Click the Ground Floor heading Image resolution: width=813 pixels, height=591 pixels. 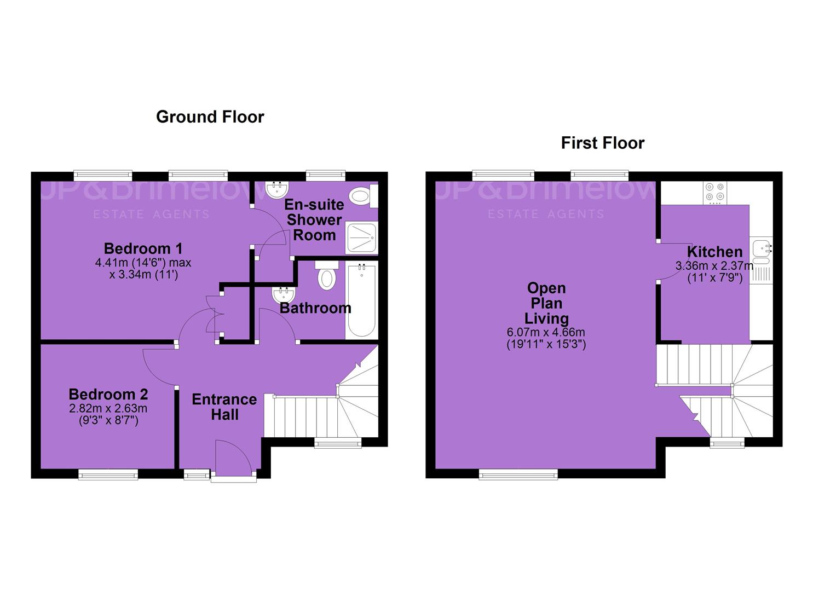pyautogui.click(x=210, y=117)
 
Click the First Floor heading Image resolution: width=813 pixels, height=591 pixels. pyautogui.click(x=603, y=143)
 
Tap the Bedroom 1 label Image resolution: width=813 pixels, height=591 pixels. pyautogui.click(x=143, y=249)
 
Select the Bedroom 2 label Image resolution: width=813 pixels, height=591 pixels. pyautogui.click(x=108, y=395)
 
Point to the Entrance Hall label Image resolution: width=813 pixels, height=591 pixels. pyautogui.click(x=224, y=407)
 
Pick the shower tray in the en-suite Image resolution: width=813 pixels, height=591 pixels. pyautogui.click(x=362, y=237)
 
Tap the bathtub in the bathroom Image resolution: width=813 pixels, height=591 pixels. pyautogui.click(x=361, y=301)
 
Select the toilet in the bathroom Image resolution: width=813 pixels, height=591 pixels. pyautogui.click(x=327, y=275)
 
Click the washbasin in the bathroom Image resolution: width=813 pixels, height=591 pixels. pyautogui.click(x=284, y=294)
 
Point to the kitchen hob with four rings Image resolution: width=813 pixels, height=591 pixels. pyautogui.click(x=715, y=193)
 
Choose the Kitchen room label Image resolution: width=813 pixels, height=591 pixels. pyautogui.click(x=714, y=252)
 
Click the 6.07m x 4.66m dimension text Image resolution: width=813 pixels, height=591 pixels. pyautogui.click(x=546, y=332)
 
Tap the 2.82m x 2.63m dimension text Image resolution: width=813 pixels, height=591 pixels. pyautogui.click(x=108, y=409)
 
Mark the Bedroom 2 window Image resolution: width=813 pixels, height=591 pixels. pyautogui.click(x=108, y=474)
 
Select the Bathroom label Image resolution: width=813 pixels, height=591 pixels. pyautogui.click(x=315, y=309)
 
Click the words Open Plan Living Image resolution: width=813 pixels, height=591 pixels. pyautogui.click(x=546, y=304)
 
